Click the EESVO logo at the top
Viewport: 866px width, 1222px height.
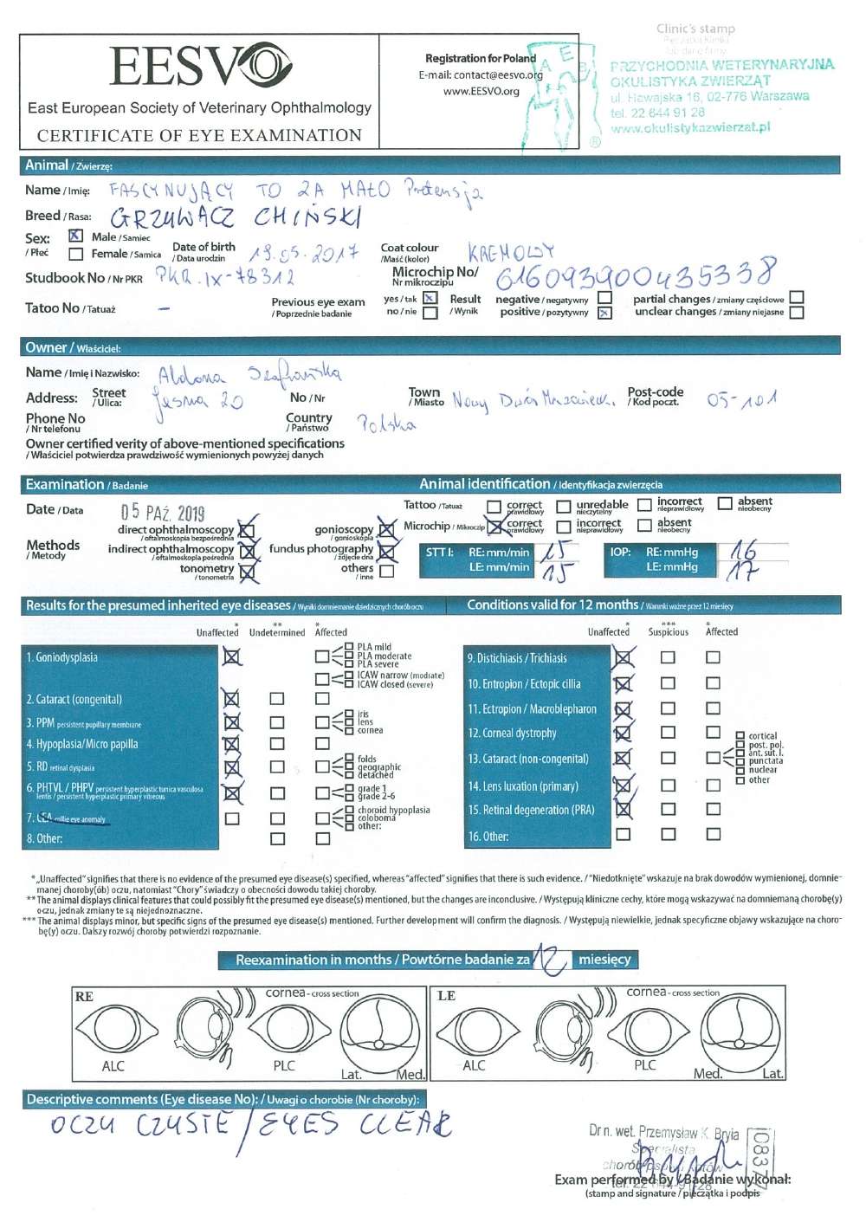(201, 67)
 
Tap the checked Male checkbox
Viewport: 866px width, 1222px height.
(76, 236)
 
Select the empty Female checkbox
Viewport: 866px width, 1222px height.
(76, 254)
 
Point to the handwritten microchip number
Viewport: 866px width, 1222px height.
(634, 276)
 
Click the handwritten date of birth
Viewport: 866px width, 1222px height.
(303, 254)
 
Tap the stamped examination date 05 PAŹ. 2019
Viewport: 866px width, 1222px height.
(163, 512)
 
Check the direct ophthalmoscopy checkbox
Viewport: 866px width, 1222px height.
(247, 530)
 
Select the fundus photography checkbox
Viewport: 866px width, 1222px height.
(386, 550)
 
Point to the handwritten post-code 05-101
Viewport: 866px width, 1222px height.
(741, 399)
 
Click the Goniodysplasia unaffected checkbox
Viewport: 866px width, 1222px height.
(231, 657)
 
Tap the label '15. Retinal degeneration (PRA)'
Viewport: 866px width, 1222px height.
(531, 811)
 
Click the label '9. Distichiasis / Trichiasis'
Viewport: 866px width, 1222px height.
(517, 658)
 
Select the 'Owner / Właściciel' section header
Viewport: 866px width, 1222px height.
(73, 348)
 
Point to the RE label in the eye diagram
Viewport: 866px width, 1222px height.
(84, 997)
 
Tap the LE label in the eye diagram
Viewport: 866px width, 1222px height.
(447, 997)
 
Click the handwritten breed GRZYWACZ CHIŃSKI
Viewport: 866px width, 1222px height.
(236, 217)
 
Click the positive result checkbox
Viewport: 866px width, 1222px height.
(604, 313)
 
